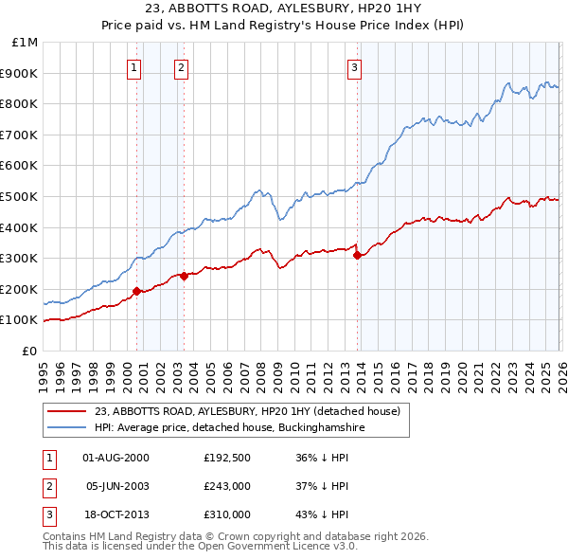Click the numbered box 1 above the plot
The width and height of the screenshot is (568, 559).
(134, 67)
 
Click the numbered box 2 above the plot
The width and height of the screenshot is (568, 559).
(181, 67)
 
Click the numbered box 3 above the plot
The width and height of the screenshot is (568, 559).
(354, 67)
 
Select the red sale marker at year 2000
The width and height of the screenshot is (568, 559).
(136, 291)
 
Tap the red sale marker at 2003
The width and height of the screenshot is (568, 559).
(184, 276)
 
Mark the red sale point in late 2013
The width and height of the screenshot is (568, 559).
(357, 255)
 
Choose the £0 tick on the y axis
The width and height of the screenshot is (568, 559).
(29, 351)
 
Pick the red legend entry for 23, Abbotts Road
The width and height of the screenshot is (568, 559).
(248, 411)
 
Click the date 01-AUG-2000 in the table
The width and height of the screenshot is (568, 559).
(116, 458)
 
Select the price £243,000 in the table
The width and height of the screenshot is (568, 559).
(227, 486)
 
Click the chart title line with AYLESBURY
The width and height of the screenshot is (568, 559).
(283, 9)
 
